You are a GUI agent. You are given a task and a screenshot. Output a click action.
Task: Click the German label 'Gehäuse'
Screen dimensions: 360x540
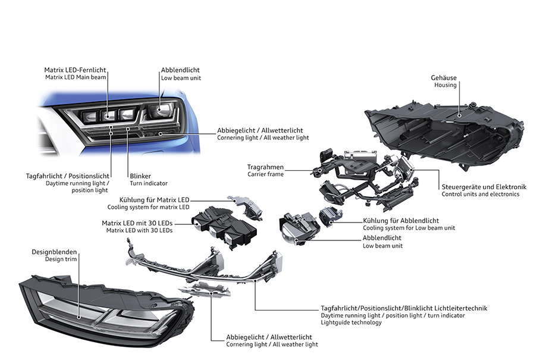[444, 77]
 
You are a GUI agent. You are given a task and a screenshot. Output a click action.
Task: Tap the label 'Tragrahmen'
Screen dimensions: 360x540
[266, 167]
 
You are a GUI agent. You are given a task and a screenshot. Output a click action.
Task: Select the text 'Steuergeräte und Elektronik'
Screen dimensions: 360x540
[481, 186]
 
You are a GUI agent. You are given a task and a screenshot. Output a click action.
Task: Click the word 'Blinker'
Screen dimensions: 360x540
[141, 176]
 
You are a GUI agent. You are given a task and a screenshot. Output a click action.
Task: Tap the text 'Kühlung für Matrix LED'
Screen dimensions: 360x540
[154, 200]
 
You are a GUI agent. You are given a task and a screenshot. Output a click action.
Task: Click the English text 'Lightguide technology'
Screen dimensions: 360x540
[351, 323]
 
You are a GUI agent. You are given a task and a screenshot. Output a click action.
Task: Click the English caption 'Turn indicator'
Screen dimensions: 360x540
[149, 183]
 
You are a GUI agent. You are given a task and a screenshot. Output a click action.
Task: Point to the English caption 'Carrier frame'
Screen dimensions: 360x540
[265, 174]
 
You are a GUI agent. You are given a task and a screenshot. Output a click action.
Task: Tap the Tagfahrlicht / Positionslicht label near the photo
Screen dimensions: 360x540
[68, 176]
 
